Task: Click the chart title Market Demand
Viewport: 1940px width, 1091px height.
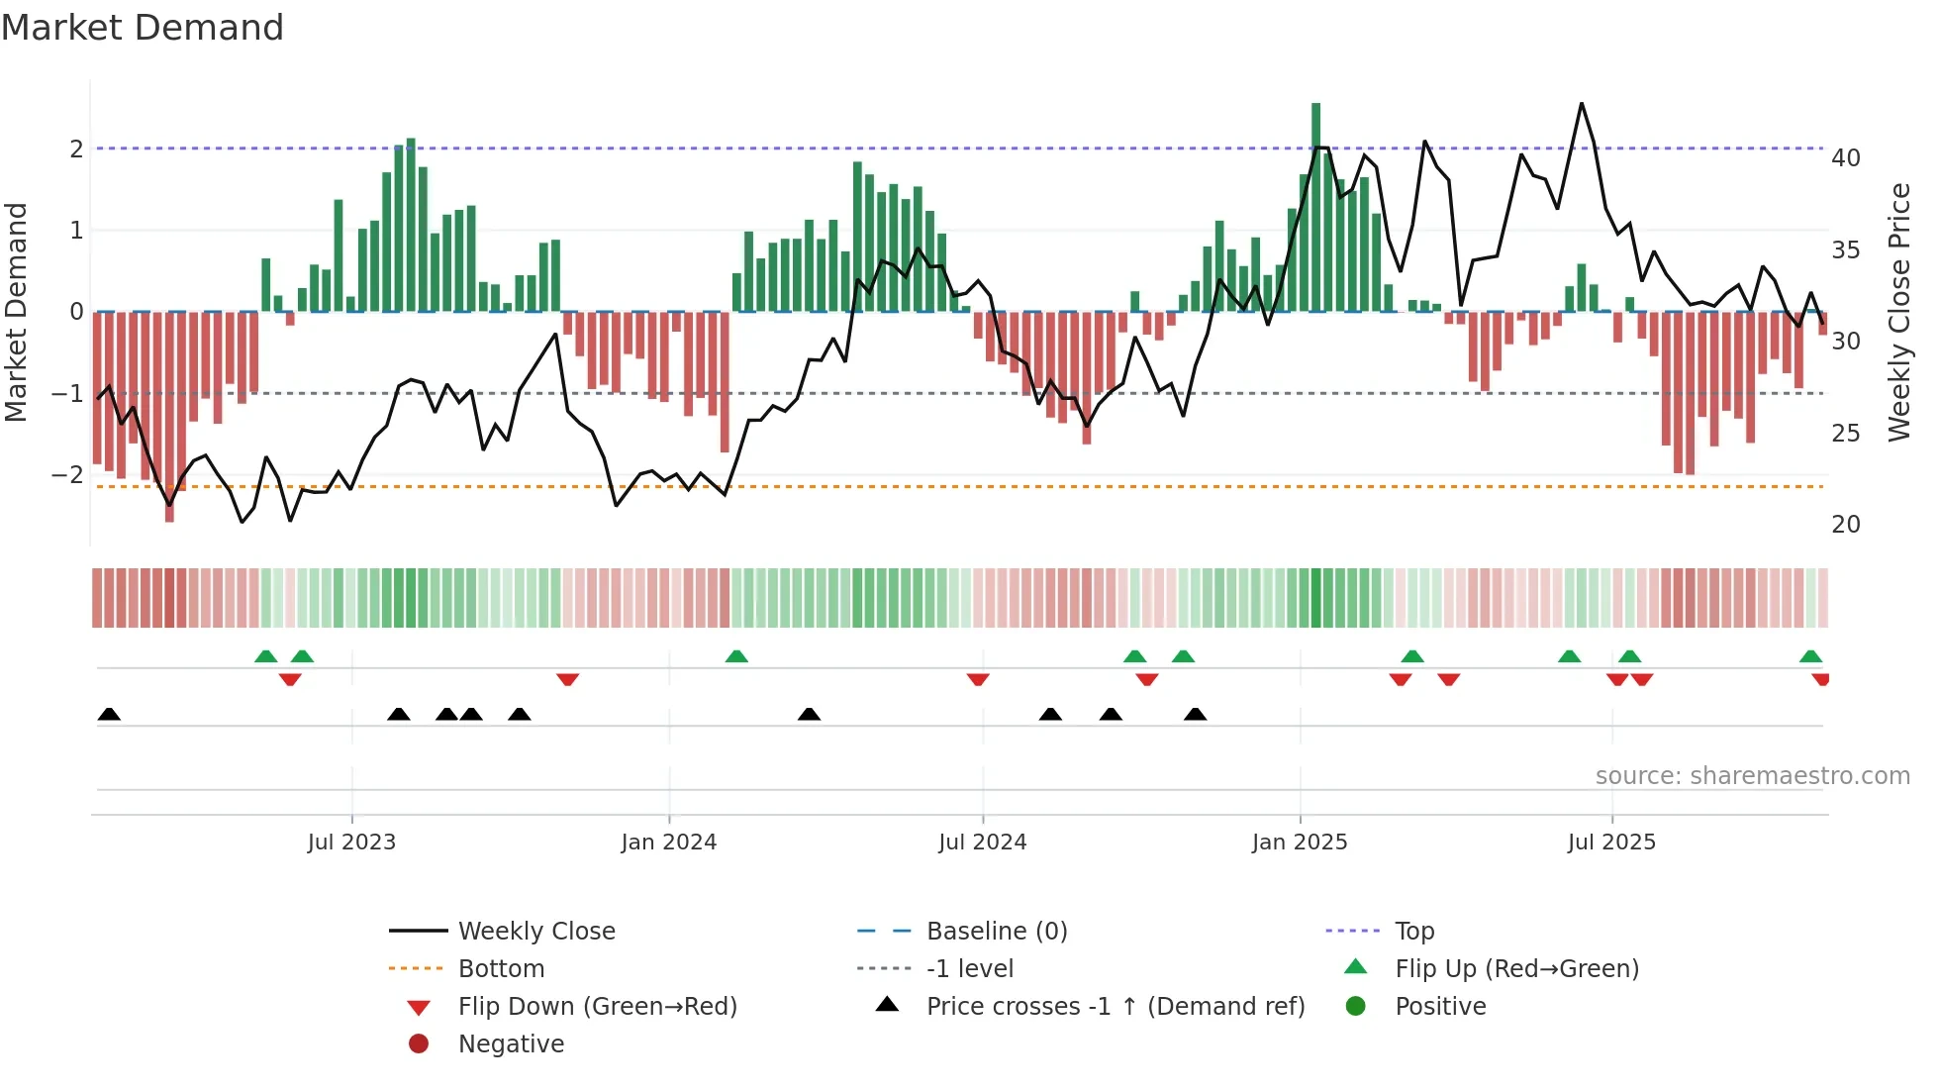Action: coord(143,28)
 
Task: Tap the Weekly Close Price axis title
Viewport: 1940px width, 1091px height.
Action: coord(1898,312)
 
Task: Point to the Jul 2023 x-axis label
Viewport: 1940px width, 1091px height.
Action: coord(351,843)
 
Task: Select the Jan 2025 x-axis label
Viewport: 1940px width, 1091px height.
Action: coord(1299,843)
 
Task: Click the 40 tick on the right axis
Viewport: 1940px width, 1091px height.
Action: coord(1845,158)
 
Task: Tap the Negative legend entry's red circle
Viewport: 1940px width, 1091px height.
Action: coord(419,1044)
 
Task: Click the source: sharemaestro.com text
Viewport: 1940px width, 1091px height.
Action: coord(1752,776)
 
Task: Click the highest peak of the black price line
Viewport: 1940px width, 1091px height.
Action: coord(1581,104)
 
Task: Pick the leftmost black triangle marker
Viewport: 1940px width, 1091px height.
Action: coord(109,715)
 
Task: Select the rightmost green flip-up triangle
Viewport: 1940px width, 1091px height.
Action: coord(1810,656)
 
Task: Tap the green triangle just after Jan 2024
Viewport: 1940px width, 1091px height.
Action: coord(736,656)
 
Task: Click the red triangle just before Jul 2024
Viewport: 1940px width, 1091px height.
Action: coord(978,679)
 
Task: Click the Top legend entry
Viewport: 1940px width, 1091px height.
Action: coord(1413,932)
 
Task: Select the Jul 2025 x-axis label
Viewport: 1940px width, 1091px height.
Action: coord(1611,843)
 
